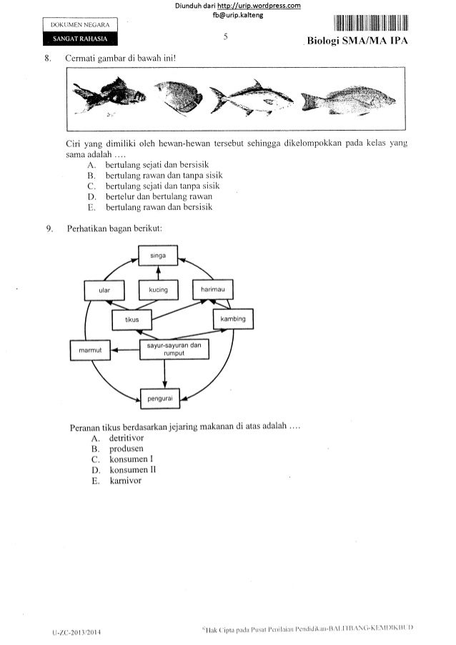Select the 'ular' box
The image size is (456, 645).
click(105, 291)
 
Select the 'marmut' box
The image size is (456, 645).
click(87, 351)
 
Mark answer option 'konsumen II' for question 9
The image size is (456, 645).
click(129, 470)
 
